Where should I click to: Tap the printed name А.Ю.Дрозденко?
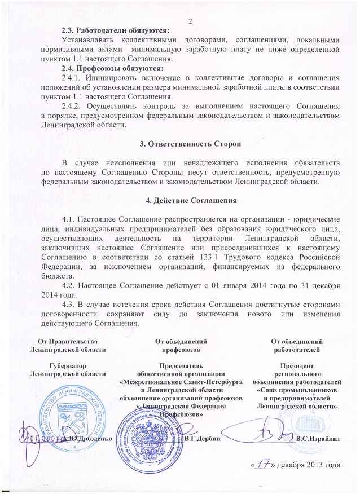coord(88,437)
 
